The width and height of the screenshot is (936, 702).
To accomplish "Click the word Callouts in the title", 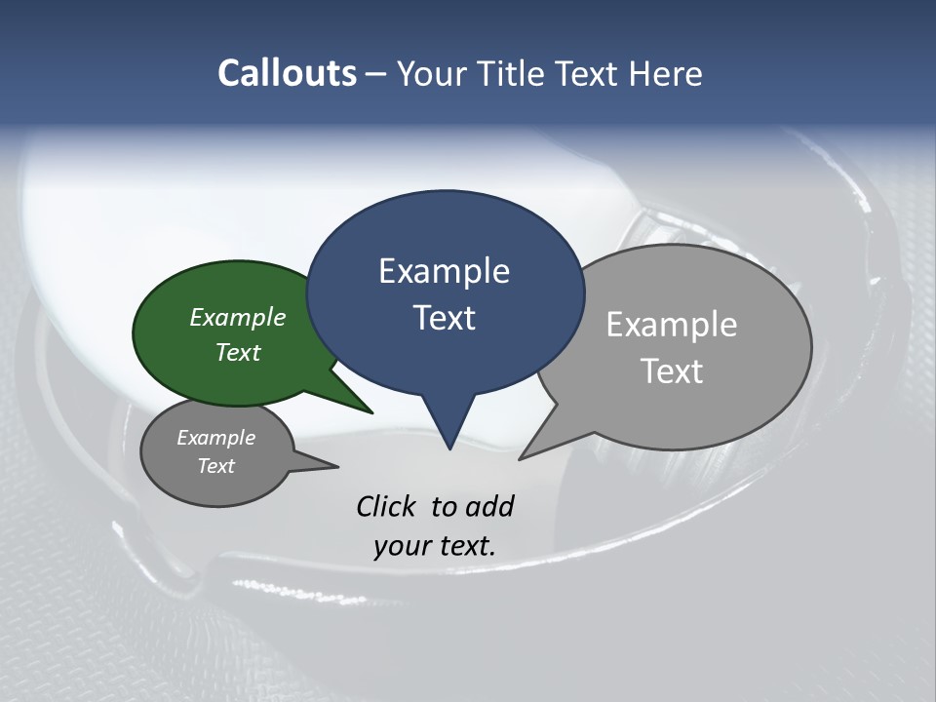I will pos(287,74).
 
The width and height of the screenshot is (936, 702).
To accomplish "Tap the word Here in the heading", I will pos(666,74).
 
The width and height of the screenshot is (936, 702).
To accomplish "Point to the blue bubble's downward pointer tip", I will pos(449,448).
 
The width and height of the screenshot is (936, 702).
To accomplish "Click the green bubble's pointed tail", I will pos(369,410).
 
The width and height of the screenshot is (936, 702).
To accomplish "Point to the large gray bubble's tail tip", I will pos(522,457).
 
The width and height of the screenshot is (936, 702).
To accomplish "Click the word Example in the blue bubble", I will pos(444,271).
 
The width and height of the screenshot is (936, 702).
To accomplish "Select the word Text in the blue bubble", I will pos(445,318).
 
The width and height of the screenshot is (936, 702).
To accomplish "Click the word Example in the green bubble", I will pos(237,317).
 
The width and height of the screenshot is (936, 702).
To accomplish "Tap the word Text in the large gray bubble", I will pos(672,370).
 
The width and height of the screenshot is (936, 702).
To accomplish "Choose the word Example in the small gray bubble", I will pos(215,438).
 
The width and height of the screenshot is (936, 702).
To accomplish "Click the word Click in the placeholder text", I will pos(388,506).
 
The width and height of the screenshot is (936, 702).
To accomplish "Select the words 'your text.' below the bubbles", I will pos(434,546).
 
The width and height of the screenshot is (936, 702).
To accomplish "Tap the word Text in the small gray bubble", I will pos(215,466).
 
